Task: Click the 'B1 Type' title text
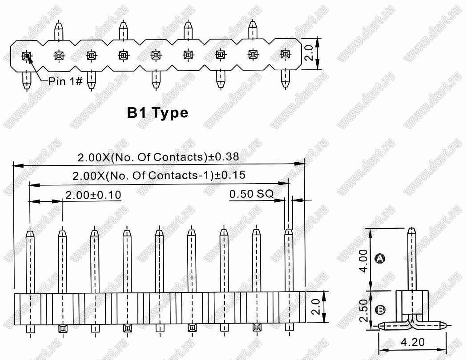157,113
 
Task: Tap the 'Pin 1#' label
65,81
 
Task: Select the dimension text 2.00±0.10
93,195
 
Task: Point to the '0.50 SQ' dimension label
251,194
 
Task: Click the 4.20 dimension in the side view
412,342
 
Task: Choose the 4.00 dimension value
363,260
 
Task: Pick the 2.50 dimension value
363,310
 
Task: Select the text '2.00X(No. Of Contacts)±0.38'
158,157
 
